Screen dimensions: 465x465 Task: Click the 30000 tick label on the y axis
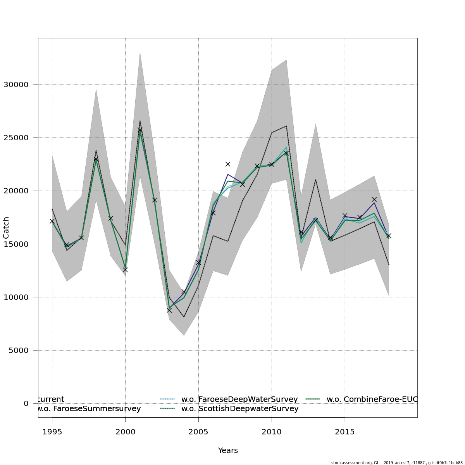pos(15,84)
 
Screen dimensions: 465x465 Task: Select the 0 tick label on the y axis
pos(26,403)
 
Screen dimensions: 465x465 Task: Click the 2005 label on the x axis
pos(198,432)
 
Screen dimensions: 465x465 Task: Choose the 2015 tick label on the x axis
pos(345,432)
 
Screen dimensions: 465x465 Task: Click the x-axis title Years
pos(228,450)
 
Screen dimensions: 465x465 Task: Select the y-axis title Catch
pos(6,227)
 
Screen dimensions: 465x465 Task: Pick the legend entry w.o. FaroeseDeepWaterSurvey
pos(239,399)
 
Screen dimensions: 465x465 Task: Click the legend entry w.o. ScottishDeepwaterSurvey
pos(239,408)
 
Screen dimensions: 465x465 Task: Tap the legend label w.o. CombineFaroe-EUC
pos(372,399)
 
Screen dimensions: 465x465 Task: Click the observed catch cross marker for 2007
pos(228,164)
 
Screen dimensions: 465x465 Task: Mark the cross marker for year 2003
pos(169,310)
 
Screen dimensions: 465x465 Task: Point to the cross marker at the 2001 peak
pos(140,129)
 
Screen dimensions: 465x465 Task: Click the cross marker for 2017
pos(374,200)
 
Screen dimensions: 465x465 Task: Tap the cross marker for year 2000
pos(125,270)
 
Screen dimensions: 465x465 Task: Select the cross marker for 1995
pos(52,221)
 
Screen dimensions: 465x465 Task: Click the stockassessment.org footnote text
pos(397,463)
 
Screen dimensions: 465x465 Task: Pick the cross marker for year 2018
pos(389,236)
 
